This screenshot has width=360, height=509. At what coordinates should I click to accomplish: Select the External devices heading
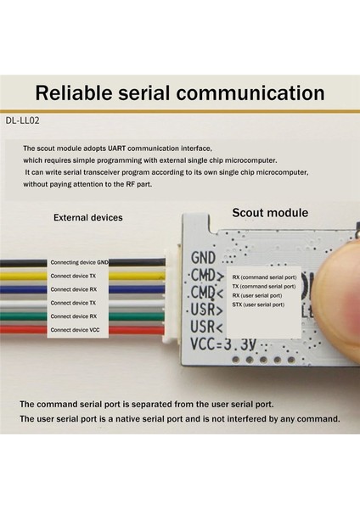(x=88, y=217)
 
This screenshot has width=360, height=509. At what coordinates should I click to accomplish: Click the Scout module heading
(x=270, y=213)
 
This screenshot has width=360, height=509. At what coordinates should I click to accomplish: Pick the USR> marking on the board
(x=206, y=310)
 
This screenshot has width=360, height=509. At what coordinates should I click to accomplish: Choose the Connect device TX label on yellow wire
(x=74, y=277)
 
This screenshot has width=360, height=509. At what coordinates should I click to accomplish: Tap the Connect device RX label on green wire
(x=74, y=316)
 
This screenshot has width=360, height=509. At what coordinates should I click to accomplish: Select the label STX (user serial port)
(x=258, y=304)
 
